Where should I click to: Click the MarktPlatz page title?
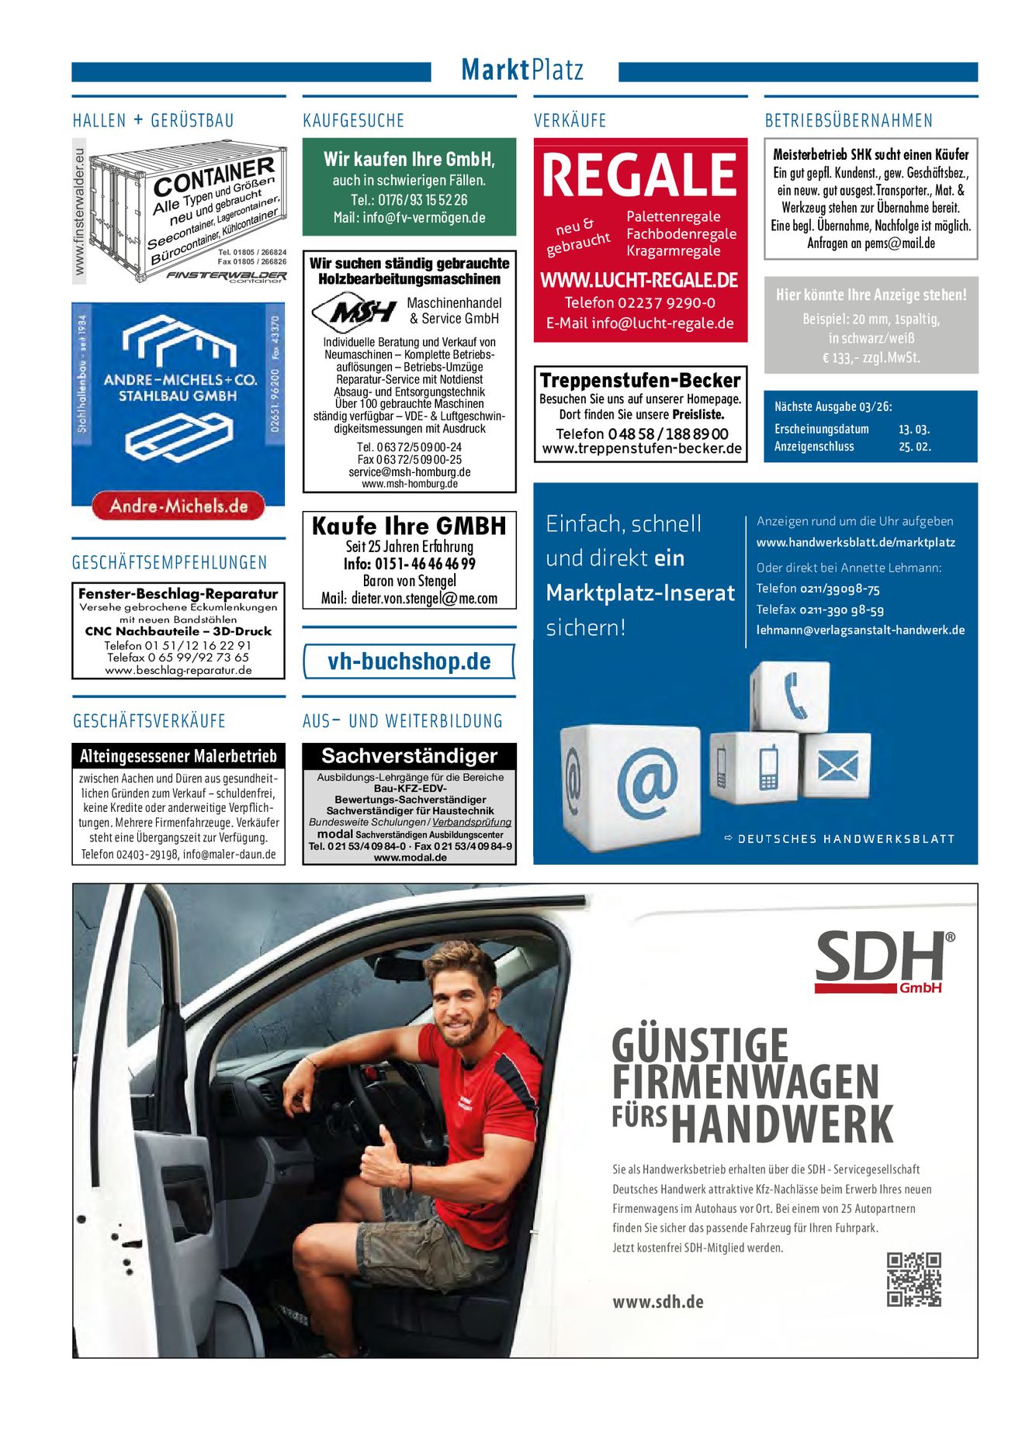coord(521,70)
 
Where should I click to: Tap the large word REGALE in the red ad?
coord(639,175)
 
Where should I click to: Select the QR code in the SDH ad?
coord(913,1279)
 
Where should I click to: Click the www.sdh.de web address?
coord(658,1302)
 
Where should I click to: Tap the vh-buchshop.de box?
coord(409,661)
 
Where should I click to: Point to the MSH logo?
coord(354,312)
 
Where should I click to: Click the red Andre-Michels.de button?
coord(178,506)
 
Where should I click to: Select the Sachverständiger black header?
coord(409,755)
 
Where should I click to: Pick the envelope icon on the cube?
coord(837,767)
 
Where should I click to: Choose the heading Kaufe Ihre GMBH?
coord(409,527)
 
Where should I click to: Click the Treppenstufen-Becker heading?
coord(640,380)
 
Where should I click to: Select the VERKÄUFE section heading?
coord(570,121)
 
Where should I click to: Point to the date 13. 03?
coord(914,429)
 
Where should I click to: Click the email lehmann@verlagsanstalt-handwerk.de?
coord(861,630)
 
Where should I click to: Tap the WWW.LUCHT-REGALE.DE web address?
coord(639,280)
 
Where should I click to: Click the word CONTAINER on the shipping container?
coord(213,176)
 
